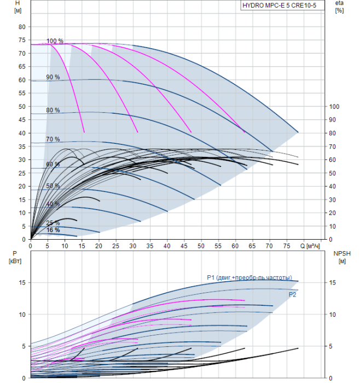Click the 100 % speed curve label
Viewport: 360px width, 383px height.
coord(55,41)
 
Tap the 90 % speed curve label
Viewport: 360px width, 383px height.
coord(53,77)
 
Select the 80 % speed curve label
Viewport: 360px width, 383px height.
coord(53,111)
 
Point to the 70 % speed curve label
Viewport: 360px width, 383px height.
coord(53,140)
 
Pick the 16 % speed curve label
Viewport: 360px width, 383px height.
coord(53,230)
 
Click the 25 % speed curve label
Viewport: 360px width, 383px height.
coord(53,223)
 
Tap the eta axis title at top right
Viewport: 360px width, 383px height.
coord(339,7)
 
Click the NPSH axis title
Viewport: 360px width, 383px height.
coord(340,256)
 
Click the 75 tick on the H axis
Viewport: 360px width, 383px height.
coord(22,40)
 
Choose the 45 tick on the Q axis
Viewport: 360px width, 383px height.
coord(184,246)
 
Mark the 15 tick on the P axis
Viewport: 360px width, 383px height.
coord(22,282)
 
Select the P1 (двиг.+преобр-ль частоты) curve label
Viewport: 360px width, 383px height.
coord(249,277)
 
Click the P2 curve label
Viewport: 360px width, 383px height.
coord(292,294)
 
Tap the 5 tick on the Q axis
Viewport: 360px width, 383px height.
coord(48,246)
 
